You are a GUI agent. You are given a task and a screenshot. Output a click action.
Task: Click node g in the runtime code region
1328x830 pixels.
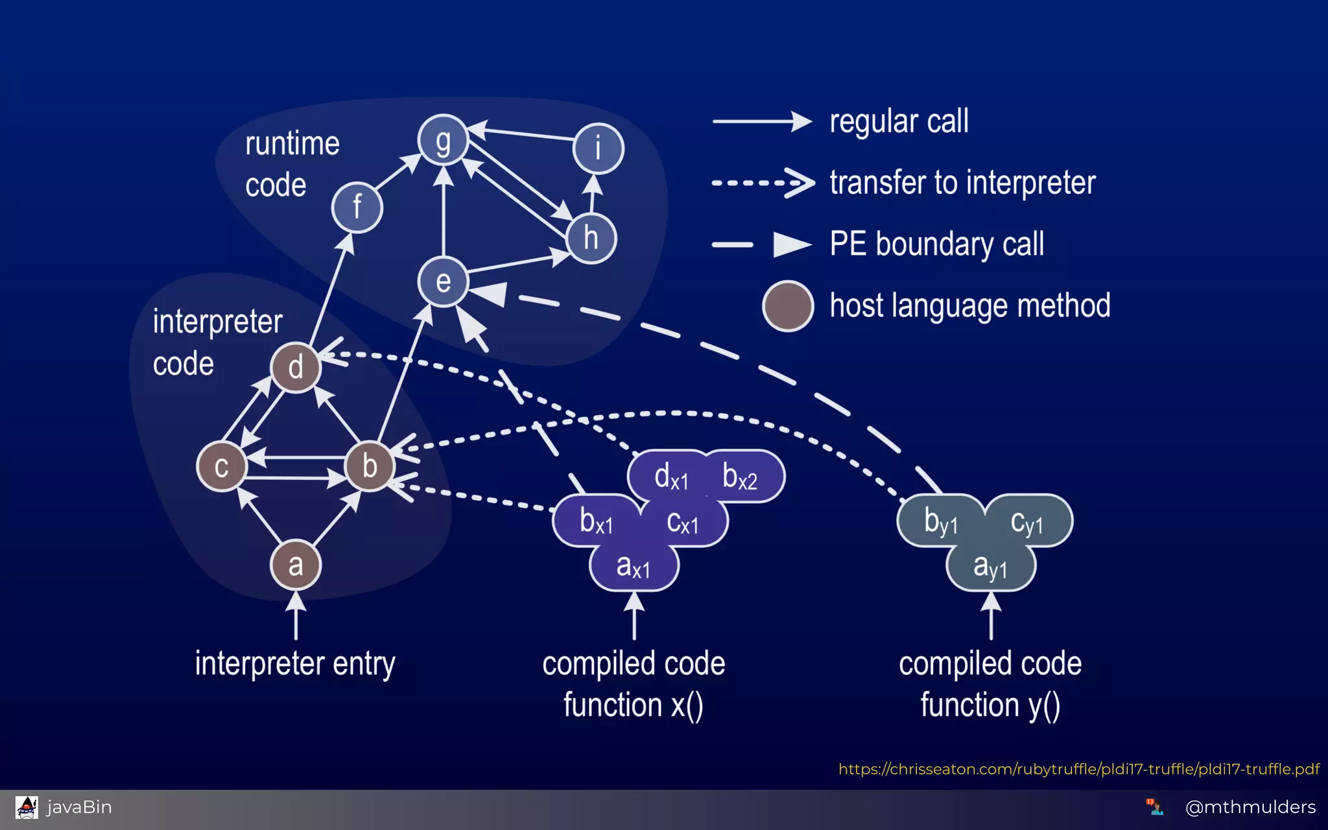(443, 140)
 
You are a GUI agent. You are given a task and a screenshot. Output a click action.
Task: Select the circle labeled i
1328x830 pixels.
(598, 148)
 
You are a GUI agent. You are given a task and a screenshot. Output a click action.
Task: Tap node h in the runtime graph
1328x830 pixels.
(591, 238)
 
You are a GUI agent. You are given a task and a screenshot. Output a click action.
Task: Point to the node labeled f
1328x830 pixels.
(357, 207)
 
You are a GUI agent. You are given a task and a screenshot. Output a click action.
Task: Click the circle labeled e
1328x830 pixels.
(443, 281)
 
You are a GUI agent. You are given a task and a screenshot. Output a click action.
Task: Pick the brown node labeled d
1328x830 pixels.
(296, 368)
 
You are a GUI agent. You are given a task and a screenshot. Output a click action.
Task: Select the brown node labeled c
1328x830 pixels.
(222, 466)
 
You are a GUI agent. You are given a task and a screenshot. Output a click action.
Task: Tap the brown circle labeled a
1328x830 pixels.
(296, 565)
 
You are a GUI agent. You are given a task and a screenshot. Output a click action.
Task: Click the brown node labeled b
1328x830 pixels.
(370, 466)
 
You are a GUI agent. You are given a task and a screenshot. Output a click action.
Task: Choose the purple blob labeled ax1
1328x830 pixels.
(634, 567)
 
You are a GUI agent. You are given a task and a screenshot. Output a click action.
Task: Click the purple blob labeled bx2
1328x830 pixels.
(740, 477)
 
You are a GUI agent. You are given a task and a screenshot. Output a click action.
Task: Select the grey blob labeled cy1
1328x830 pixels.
(1027, 522)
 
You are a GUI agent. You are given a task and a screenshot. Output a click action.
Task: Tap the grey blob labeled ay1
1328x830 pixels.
(990, 567)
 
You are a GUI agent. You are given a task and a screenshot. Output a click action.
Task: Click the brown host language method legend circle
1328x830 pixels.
(788, 306)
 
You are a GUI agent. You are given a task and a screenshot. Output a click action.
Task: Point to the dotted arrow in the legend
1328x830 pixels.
(763, 183)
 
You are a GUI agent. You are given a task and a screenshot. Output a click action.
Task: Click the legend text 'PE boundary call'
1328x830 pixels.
(937, 244)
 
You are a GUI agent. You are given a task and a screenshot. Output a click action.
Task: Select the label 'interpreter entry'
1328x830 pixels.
(295, 663)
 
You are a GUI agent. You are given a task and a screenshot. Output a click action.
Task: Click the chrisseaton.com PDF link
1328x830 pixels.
(1078, 769)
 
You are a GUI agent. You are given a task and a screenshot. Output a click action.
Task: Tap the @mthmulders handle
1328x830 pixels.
(1250, 807)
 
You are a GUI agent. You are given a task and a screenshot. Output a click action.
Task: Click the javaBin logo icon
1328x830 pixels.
(27, 807)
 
